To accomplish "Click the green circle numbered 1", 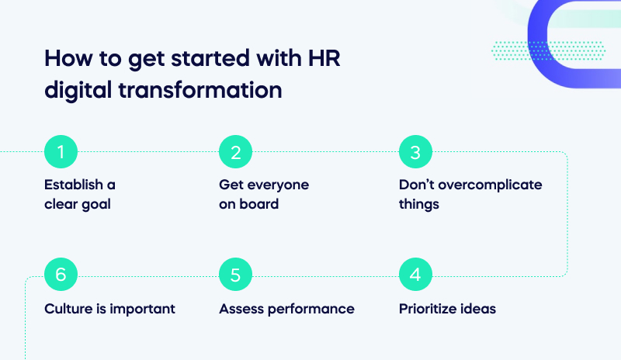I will pos(61,152).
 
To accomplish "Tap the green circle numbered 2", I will pos(235,152).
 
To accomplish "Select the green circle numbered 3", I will pos(415,152).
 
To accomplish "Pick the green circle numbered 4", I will pos(415,275).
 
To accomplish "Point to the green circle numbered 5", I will pos(235,275).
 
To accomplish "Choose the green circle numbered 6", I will pos(61,275).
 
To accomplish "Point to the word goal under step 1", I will pos(99,204).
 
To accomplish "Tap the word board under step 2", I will pos(259,204).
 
